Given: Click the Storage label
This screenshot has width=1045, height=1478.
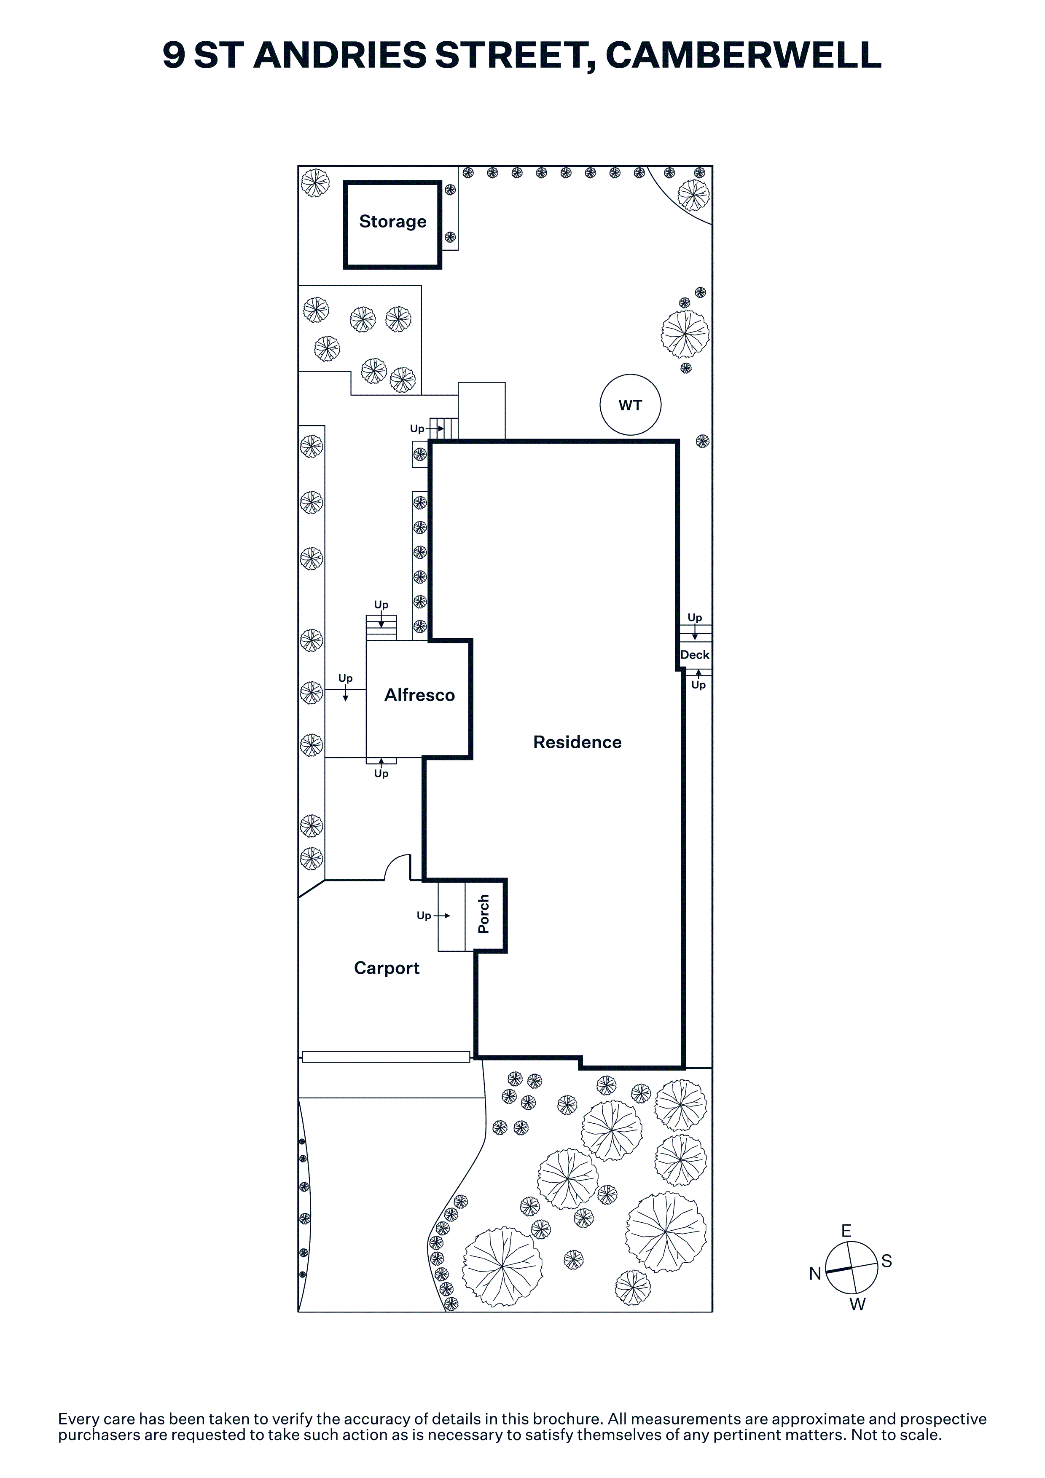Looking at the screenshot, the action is (393, 222).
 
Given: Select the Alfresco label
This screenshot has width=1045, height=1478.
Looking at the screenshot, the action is (420, 695).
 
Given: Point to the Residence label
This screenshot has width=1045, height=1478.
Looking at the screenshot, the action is (578, 742).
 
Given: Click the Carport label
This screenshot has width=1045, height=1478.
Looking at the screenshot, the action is (387, 968).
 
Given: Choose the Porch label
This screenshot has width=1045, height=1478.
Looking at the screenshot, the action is (484, 914).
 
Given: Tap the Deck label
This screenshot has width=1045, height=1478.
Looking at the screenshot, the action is (695, 655).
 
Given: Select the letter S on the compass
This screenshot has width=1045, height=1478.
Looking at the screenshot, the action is (887, 1261).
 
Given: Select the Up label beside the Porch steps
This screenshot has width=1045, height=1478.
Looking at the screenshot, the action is (424, 916).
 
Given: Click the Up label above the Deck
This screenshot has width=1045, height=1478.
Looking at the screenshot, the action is (695, 617).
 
